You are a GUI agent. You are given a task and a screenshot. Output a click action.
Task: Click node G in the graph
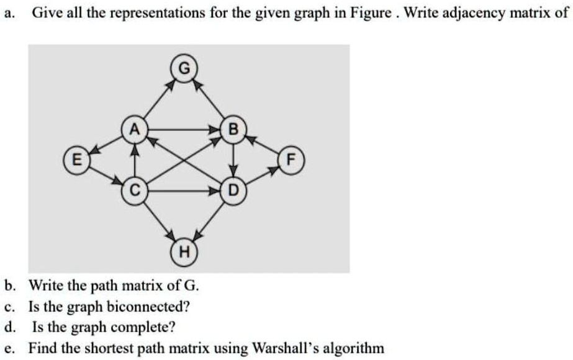coord(184,68)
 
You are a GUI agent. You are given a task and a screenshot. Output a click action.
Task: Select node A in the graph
coord(135,129)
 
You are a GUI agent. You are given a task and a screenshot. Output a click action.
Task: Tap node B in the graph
coord(233,129)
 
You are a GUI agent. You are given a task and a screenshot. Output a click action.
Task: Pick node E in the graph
coord(77,160)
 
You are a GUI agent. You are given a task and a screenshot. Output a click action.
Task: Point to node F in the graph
coord(291,160)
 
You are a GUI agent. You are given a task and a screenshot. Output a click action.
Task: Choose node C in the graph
coord(135,191)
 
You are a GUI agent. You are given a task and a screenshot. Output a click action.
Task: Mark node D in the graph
coord(233,191)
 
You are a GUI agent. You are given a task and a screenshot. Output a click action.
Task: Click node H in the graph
coord(184,252)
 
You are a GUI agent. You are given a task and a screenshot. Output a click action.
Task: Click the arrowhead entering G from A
coord(171,85)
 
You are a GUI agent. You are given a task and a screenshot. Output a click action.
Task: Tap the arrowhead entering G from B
coord(197,85)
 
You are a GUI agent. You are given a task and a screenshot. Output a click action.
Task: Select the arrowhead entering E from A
coord(95,150)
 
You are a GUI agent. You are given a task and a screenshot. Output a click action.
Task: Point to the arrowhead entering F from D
coord(273,169)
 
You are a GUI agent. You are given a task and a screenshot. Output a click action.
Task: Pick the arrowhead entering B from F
coord(251,139)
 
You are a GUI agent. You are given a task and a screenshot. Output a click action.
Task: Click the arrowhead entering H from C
coord(171,235)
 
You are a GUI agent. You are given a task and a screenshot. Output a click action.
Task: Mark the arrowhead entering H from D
coord(197,236)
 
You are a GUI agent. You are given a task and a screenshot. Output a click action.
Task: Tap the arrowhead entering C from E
coord(117,181)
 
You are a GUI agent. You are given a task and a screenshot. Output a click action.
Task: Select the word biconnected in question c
coord(148,307)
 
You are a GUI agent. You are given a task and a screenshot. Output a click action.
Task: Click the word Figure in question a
coord(371,14)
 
